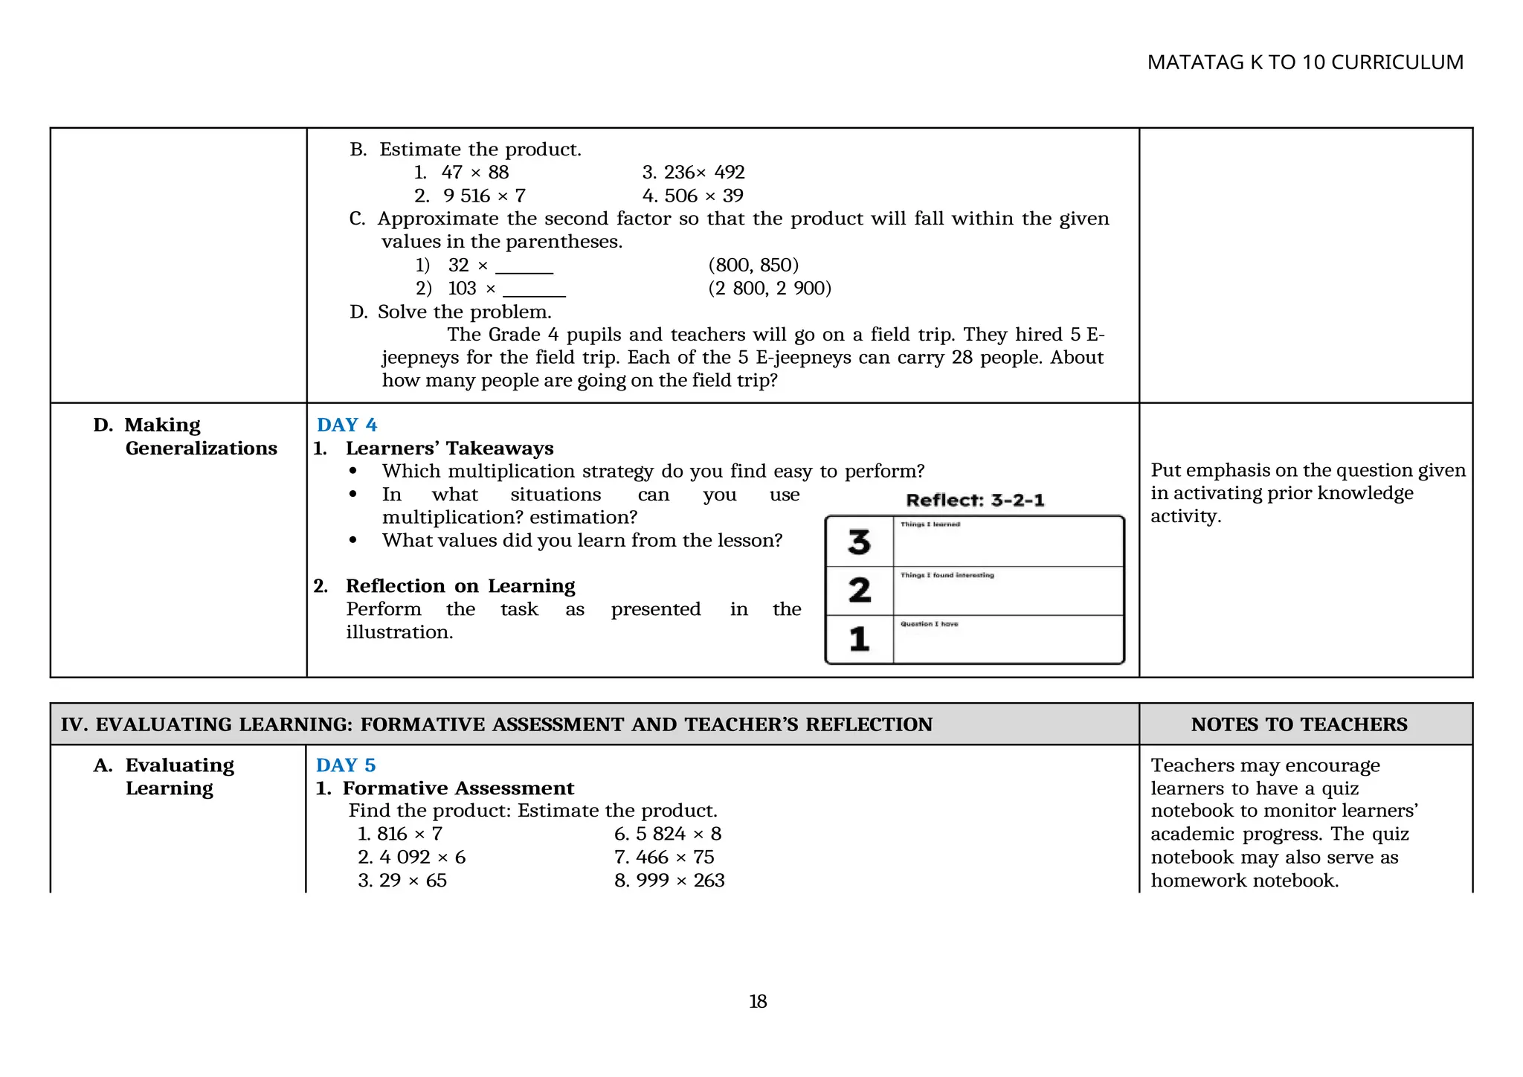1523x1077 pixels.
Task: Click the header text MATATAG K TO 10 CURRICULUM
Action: (x=1304, y=62)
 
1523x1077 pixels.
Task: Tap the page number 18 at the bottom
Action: (x=757, y=1002)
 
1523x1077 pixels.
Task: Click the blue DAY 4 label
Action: (x=347, y=425)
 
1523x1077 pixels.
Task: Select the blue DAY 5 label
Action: (x=346, y=765)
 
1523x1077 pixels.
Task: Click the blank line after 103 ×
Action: (x=534, y=291)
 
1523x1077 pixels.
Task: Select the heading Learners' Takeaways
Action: (x=449, y=449)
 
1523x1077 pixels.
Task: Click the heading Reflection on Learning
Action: (x=460, y=586)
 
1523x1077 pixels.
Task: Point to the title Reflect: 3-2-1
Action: (x=975, y=501)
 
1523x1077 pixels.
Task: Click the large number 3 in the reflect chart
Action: (x=859, y=542)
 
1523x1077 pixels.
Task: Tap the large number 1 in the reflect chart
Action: (x=859, y=639)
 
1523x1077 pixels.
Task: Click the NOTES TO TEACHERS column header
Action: (x=1298, y=724)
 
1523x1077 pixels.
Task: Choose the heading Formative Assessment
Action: (x=457, y=788)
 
